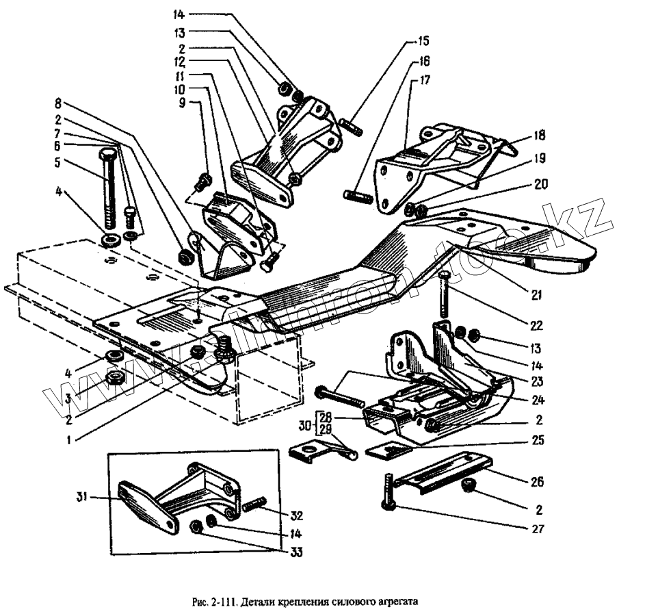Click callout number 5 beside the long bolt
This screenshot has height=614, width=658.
(58, 163)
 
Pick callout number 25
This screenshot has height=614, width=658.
(538, 441)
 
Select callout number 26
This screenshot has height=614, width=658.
(537, 483)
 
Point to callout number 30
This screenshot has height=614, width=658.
(306, 425)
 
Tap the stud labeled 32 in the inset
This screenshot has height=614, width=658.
(252, 507)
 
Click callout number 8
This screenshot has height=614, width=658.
(58, 104)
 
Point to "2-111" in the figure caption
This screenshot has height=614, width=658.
(224, 602)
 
